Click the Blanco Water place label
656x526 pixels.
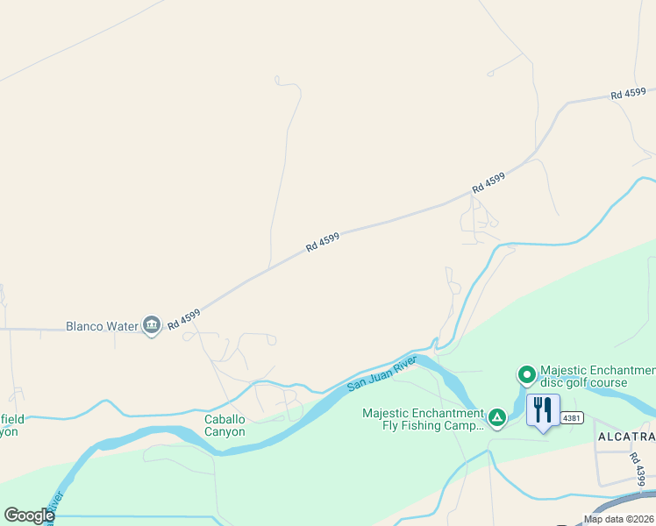[103, 327]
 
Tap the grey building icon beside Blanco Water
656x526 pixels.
[153, 326]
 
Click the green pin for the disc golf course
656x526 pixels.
[527, 375]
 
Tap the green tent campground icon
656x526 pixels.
[497, 416]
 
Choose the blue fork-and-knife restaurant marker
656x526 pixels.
[543, 410]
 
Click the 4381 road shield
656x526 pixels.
[572, 417]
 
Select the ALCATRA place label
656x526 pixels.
[625, 437]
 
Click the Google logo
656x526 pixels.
[29, 515]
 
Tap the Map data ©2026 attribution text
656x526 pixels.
[618, 519]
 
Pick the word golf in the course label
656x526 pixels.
[585, 383]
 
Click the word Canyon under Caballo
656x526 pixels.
[225, 431]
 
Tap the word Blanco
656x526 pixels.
[85, 327]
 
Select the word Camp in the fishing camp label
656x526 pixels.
[472, 426]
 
